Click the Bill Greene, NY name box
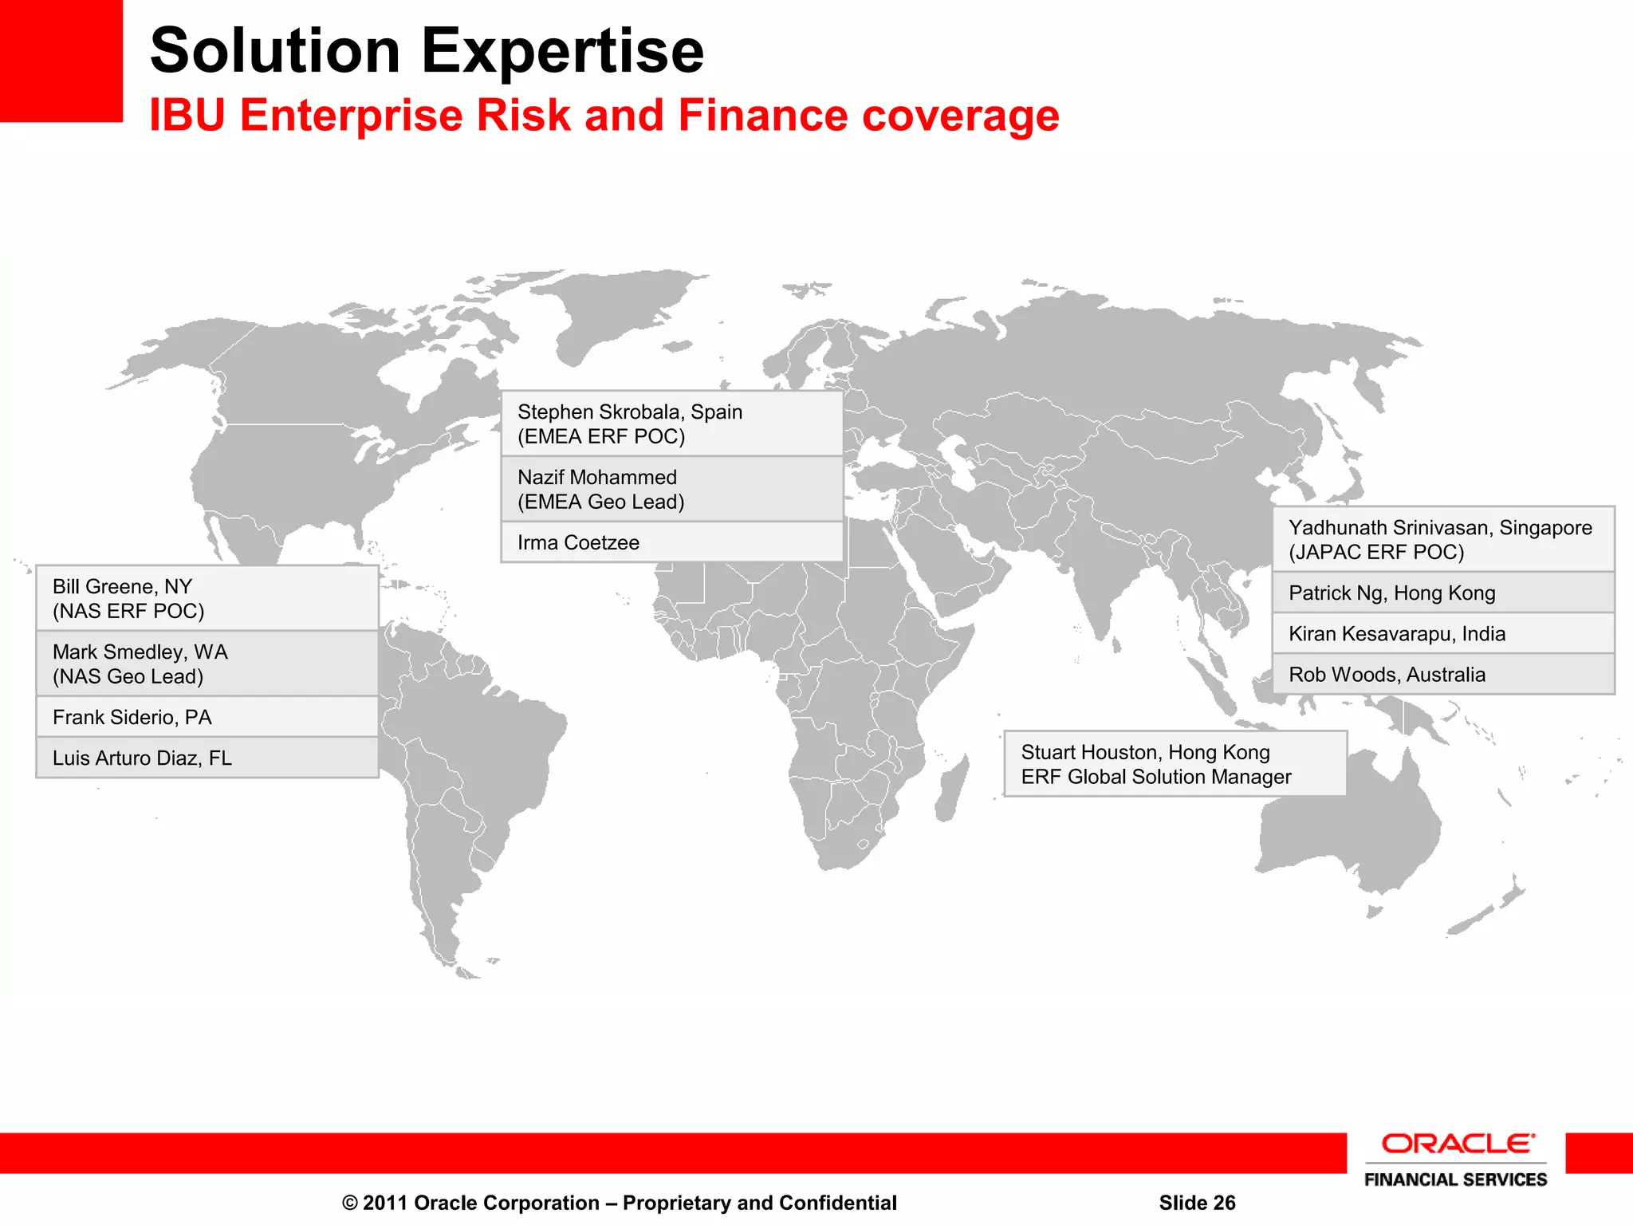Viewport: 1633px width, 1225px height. (x=207, y=598)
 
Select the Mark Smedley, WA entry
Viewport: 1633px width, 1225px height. (x=207, y=664)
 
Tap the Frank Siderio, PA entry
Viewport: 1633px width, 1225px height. (x=207, y=717)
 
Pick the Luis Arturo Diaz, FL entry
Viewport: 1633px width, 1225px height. (x=207, y=758)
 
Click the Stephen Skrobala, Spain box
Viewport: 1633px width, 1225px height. (x=671, y=423)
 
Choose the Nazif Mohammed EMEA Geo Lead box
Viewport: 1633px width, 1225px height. (x=671, y=489)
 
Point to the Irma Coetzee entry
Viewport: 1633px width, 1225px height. (x=671, y=542)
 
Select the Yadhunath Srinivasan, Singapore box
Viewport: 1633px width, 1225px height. (x=1443, y=539)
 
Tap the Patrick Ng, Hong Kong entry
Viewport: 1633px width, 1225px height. (x=1443, y=593)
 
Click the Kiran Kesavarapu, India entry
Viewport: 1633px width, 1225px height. (x=1443, y=634)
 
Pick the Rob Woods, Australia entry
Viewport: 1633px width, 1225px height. (x=1443, y=675)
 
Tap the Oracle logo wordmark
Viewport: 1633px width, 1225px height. (x=1456, y=1144)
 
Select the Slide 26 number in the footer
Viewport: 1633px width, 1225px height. (x=1197, y=1203)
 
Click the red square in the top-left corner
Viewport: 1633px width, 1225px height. (x=61, y=61)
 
